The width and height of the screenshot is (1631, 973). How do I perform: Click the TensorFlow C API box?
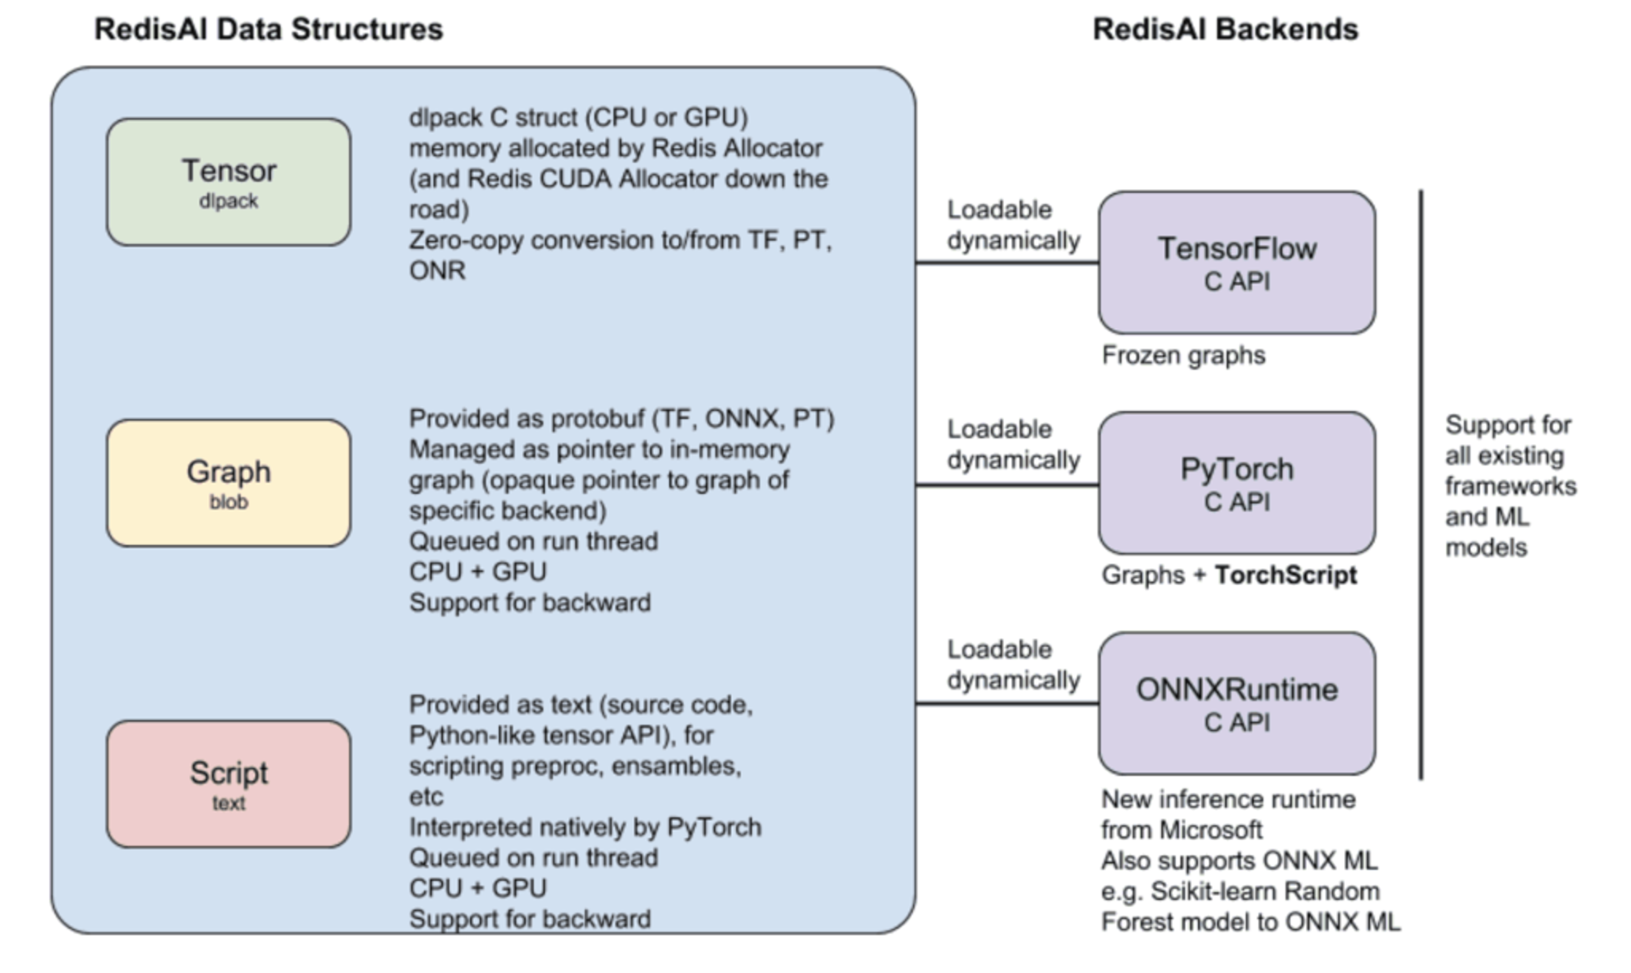click(1236, 262)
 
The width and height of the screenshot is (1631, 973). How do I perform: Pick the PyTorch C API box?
click(1236, 483)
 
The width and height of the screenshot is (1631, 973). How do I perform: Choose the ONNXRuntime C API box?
click(1236, 703)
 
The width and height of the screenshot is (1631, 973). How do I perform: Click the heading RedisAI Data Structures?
click(269, 29)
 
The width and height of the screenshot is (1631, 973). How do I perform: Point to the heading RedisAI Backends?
click(1225, 29)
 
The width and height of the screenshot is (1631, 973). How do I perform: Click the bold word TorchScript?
click(1286, 575)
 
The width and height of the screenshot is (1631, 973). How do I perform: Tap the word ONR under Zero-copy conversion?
click(437, 271)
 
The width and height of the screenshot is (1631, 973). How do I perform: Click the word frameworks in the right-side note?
click(1510, 487)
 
